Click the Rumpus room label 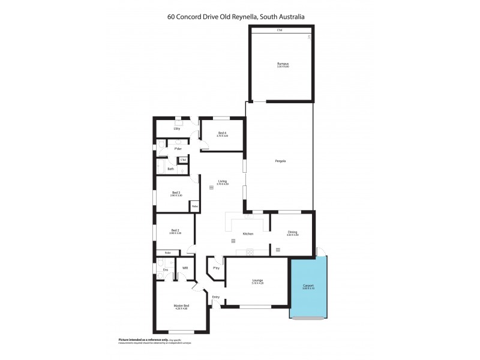coord(283,63)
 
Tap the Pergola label coord(280,161)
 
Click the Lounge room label coord(257,280)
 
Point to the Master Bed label coord(181,306)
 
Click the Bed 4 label coord(222,133)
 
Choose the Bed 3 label coord(176,193)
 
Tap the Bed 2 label coord(176,231)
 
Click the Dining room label coord(292,232)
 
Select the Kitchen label coord(248,233)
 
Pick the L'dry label coord(176,128)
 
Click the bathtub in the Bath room coord(162,167)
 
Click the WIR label coord(185,268)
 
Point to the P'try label coord(216,268)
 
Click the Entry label coord(216,297)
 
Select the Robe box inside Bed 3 coord(194,206)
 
